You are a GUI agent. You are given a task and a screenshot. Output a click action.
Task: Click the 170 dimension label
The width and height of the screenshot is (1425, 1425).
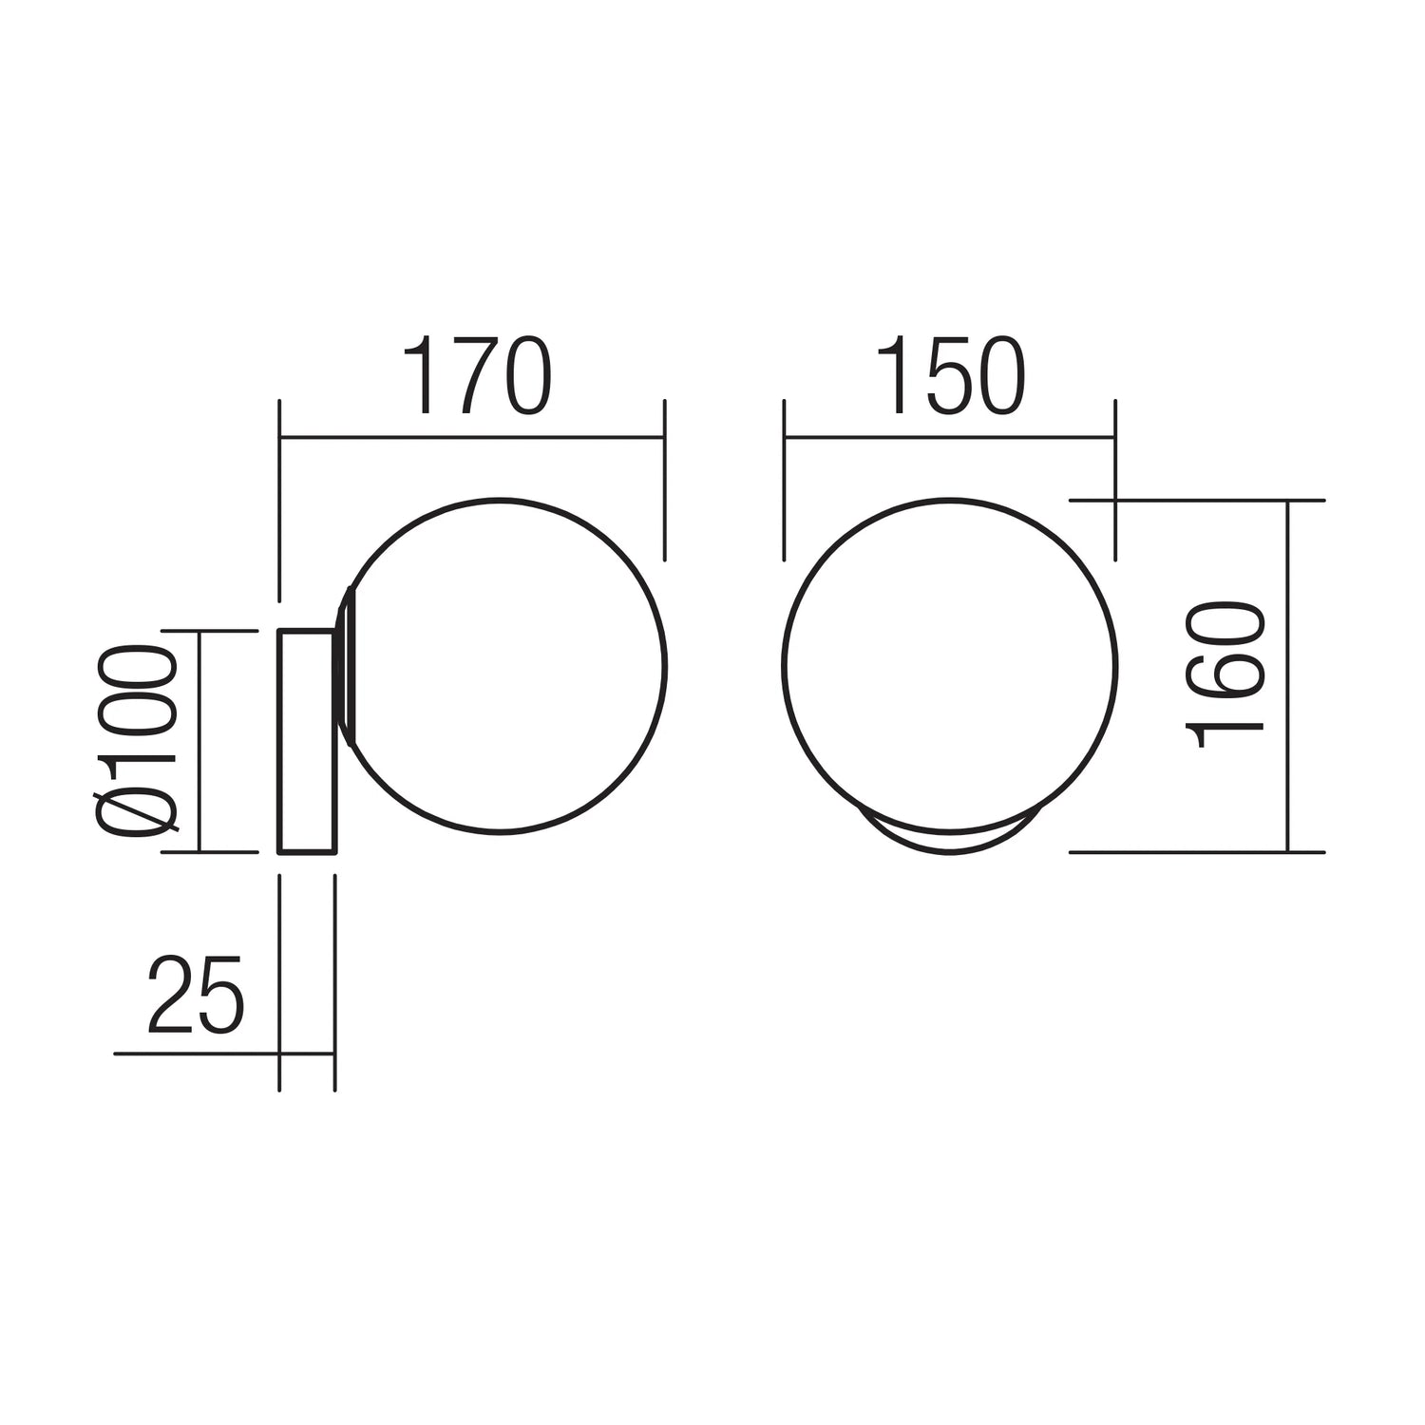point(478,376)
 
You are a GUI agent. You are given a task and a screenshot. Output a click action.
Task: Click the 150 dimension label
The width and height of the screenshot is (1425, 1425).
point(950,376)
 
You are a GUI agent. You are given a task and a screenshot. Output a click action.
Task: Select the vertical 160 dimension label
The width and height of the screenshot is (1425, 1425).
point(1225,674)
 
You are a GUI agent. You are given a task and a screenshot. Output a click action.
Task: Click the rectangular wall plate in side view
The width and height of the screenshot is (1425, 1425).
point(306,741)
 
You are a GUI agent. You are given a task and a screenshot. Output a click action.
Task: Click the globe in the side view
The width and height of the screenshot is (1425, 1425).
point(665,665)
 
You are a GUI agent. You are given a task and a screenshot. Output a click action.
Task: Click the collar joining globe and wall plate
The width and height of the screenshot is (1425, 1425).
point(345,665)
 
